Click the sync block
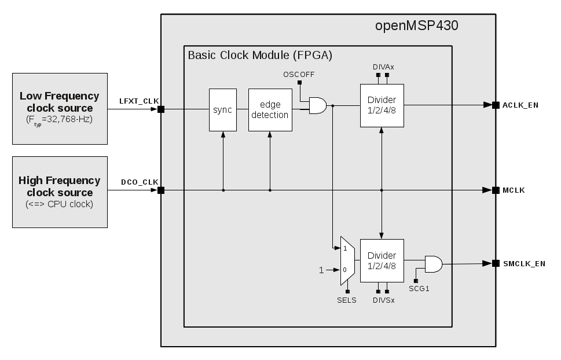pos(222,110)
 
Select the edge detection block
pos(270,110)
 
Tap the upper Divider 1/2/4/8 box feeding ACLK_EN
pos(382,105)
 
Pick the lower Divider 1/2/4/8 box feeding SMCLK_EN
pos(382,260)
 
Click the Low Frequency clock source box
pos(60,108)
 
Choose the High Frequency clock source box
pos(60,192)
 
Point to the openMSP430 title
pos(417,26)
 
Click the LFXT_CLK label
pos(139,101)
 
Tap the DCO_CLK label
pos(140,182)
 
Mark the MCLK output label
pos(514,190)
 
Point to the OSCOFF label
pos(299,75)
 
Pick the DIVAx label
pos(383,67)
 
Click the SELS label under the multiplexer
pos(347,300)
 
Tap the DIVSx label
pos(383,300)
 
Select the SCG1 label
pos(419,288)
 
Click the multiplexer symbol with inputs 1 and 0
pos(347,260)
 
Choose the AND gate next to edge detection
pos(318,105)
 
